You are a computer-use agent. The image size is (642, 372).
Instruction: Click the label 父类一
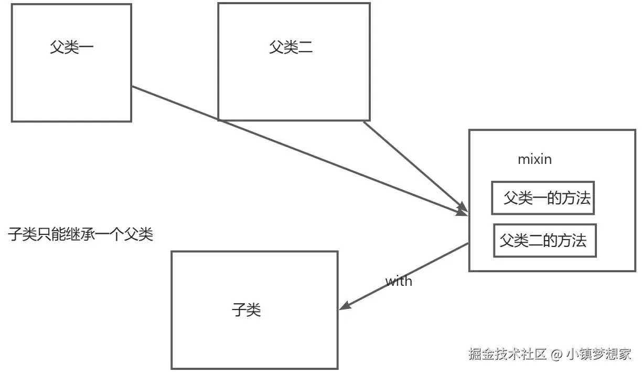tap(71, 48)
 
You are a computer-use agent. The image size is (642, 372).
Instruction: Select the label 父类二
tap(291, 48)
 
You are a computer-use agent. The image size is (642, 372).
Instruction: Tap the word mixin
tap(534, 159)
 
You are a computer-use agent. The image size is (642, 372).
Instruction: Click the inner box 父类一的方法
tap(543, 198)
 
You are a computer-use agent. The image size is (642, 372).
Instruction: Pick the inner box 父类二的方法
tap(544, 241)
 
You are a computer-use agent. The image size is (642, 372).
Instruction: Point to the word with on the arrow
tap(399, 281)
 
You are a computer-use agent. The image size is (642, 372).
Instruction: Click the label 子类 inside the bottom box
tap(246, 309)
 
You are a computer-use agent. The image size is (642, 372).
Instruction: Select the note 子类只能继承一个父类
tap(80, 234)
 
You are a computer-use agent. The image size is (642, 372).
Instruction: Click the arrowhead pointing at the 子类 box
tap(346, 305)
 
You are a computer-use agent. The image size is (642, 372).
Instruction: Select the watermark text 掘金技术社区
tap(507, 354)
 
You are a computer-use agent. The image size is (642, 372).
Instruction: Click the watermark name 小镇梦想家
tap(598, 354)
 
